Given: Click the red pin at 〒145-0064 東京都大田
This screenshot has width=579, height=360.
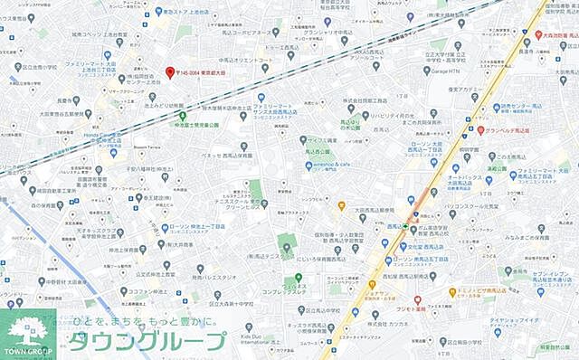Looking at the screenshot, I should [168, 72].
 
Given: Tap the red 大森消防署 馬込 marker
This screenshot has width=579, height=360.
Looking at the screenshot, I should [539, 34].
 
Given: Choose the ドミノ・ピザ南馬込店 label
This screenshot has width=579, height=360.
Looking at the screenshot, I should [489, 292].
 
